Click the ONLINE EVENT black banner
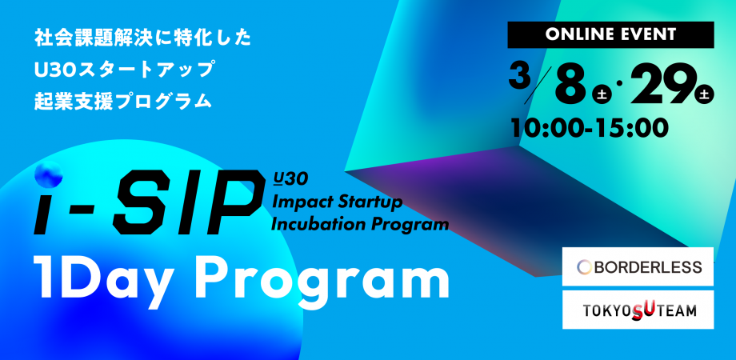(x=610, y=34)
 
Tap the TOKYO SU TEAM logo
(x=638, y=310)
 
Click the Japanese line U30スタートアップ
(x=124, y=70)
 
